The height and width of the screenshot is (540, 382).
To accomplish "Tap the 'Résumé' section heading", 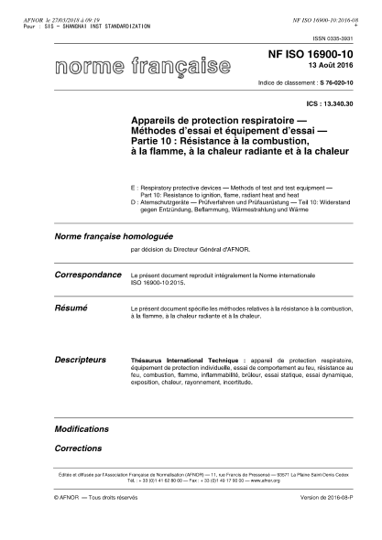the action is pyautogui.click(x=72, y=310).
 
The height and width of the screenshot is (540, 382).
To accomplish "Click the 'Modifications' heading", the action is pyautogui.click(x=82, y=428).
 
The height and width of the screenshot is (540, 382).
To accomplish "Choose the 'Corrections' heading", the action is pyautogui.click(x=78, y=448).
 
